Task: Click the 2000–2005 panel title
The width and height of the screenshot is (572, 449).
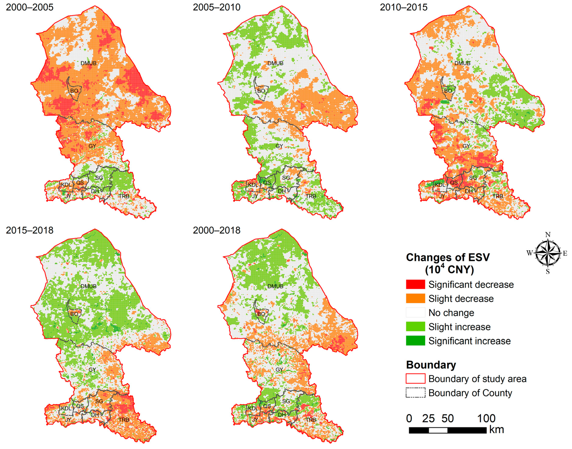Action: tap(30, 7)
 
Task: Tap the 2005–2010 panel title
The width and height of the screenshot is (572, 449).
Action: tap(216, 7)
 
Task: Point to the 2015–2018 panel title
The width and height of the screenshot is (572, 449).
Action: tap(30, 230)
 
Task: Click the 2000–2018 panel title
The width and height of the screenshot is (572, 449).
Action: tap(216, 230)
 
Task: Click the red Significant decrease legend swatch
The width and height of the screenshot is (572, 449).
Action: tap(415, 284)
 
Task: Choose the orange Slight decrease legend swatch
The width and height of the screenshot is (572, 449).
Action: tap(415, 299)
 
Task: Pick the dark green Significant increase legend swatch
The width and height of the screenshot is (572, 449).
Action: tap(415, 341)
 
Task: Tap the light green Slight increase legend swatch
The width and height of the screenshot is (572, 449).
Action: tap(415, 327)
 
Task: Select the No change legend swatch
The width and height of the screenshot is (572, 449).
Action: tap(415, 313)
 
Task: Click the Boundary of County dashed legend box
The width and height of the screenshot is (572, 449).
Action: tap(415, 393)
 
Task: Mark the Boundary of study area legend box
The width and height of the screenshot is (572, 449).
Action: tap(415, 379)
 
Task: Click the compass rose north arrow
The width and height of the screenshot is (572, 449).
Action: tap(547, 253)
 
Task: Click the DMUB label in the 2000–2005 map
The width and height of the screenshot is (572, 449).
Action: tap(88, 63)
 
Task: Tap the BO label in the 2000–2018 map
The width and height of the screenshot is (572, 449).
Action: tap(261, 314)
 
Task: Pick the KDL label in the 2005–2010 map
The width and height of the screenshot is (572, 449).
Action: tap(253, 185)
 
